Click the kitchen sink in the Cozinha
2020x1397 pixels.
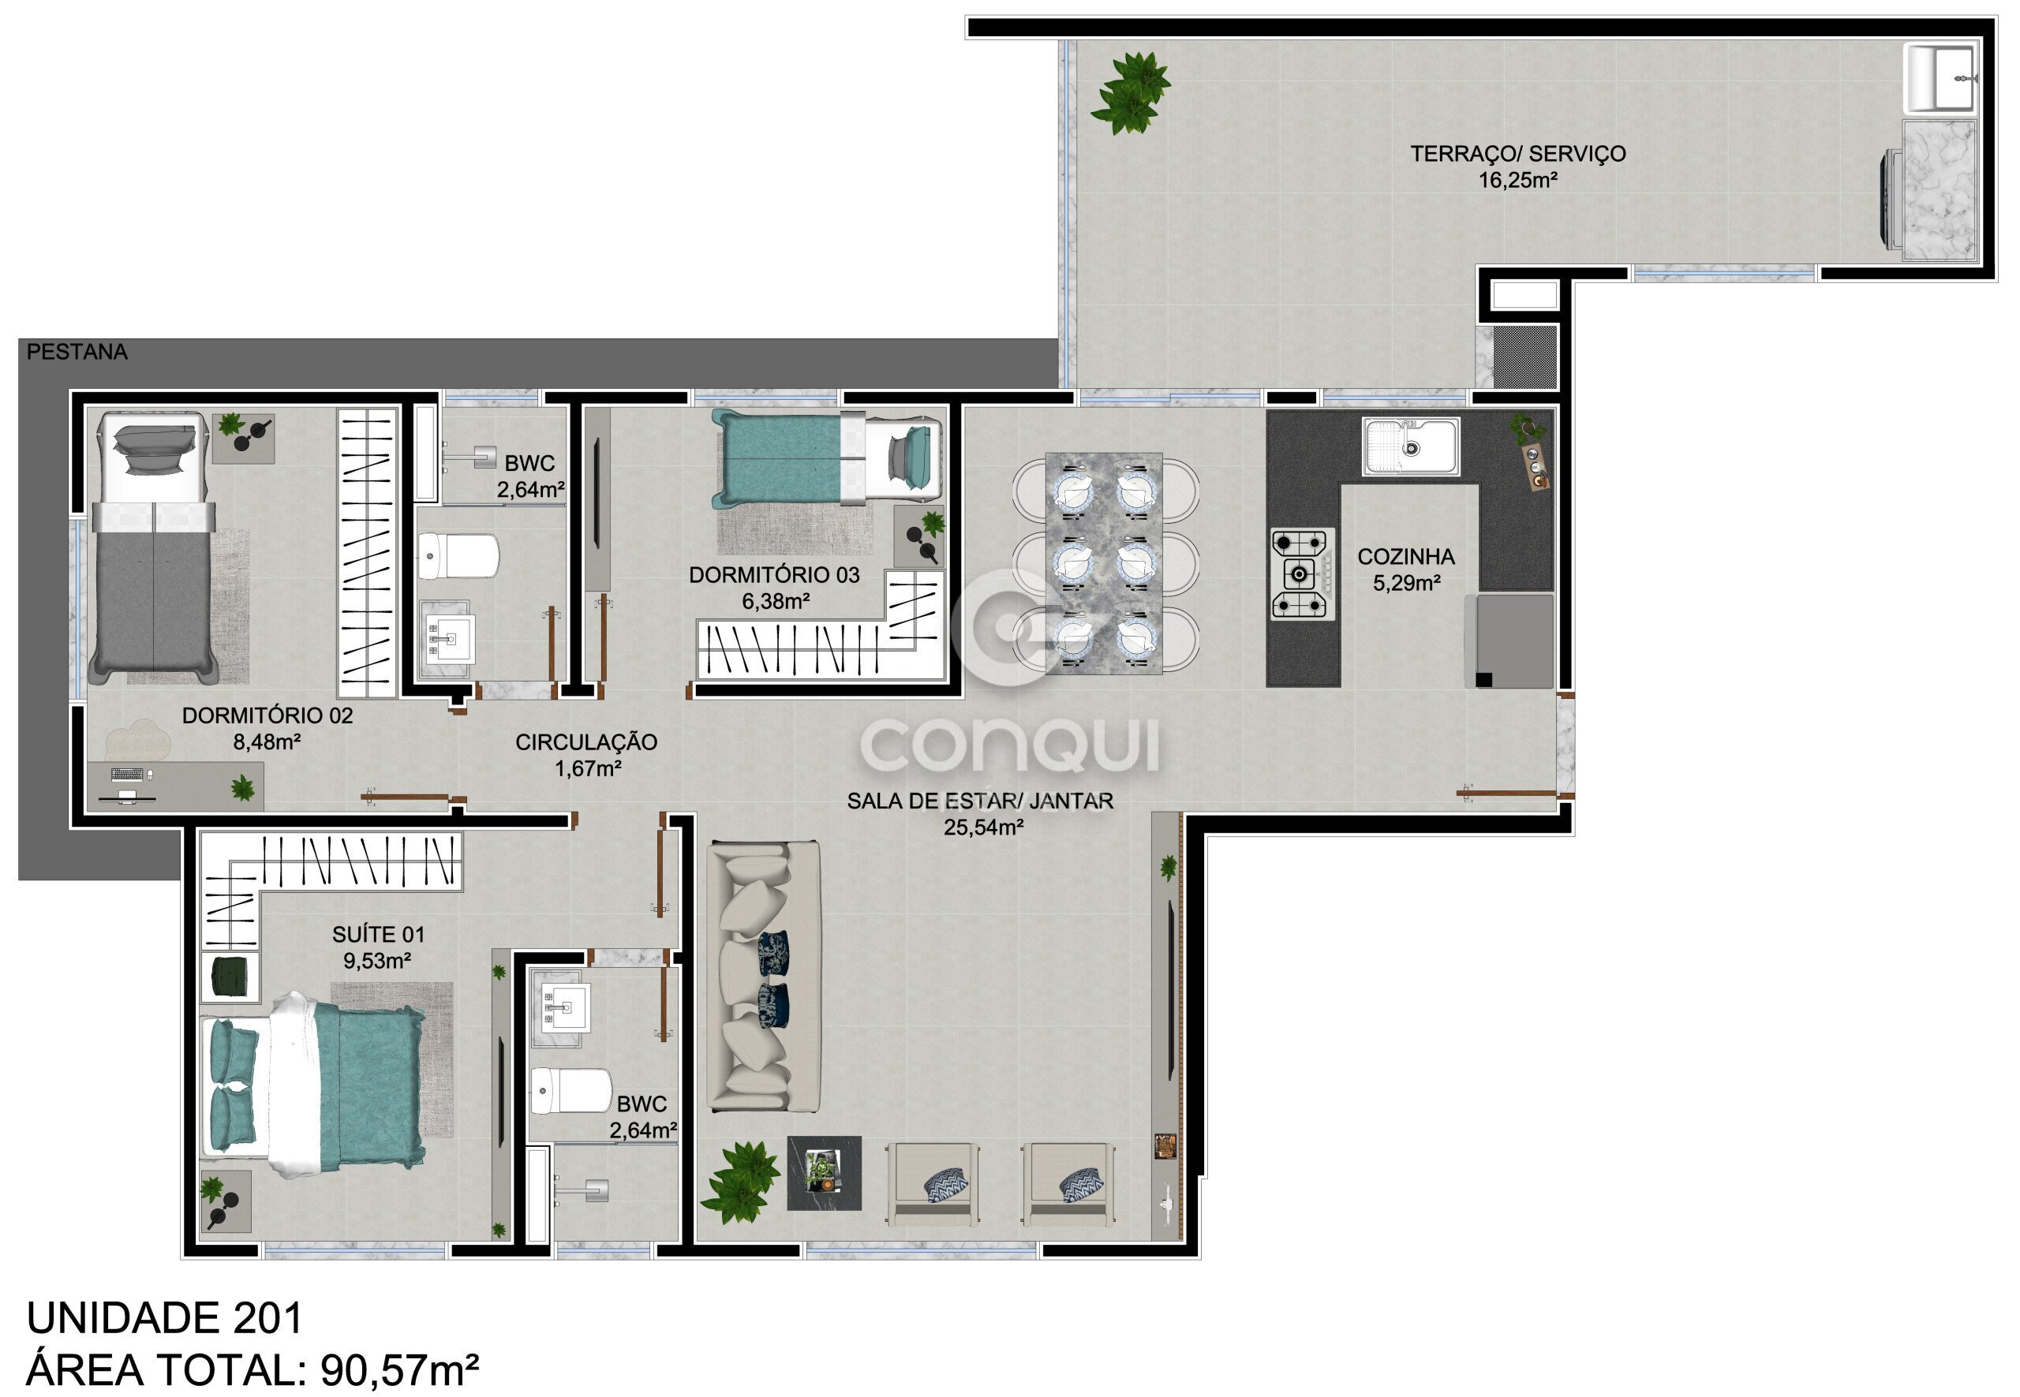[1411, 446]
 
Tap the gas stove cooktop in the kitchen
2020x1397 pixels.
[1303, 574]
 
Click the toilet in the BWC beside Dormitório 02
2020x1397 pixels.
[458, 557]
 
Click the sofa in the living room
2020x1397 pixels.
[764, 977]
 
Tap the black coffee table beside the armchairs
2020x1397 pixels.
[824, 1173]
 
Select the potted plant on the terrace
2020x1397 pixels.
[1131, 93]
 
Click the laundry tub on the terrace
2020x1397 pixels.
[1942, 80]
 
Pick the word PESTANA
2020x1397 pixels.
[77, 352]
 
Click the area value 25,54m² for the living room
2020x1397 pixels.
[983, 827]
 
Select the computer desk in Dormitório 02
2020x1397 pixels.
[175, 786]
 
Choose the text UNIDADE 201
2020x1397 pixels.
[165, 1317]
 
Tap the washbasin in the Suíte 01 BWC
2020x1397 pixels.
[561, 1007]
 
